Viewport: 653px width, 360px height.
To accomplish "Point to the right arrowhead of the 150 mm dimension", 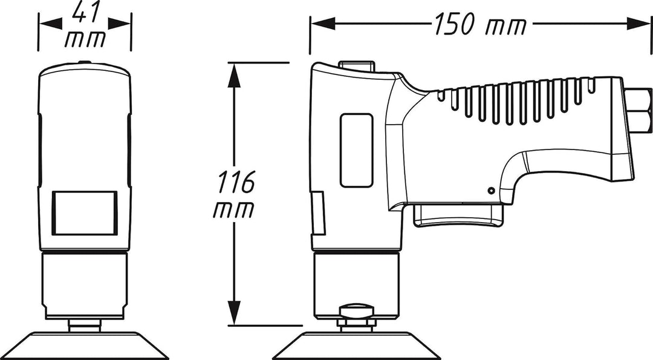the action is click(x=638, y=24).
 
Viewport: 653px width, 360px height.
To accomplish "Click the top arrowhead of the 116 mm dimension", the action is click(x=235, y=75).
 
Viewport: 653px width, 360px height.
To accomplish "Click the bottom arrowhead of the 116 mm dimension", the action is click(x=235, y=312).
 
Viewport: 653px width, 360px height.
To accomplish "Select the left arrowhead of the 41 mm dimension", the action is click(x=51, y=24).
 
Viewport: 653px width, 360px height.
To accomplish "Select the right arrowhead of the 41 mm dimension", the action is click(x=120, y=24).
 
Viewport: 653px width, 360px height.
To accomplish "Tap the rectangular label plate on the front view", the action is click(x=85, y=213).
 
